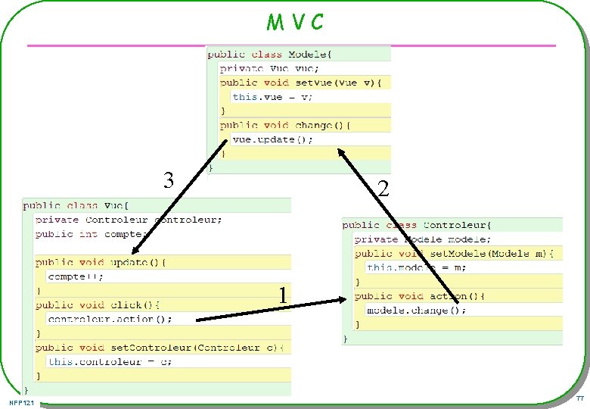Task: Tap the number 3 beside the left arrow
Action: [x=169, y=180]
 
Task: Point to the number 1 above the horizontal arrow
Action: [x=281, y=295]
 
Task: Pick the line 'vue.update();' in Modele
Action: [x=272, y=139]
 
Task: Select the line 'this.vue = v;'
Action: [x=272, y=97]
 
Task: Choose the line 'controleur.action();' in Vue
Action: [x=110, y=319]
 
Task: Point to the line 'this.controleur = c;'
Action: [x=110, y=361]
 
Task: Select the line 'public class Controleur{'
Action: [x=417, y=225]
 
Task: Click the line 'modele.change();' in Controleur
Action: [x=416, y=311]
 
